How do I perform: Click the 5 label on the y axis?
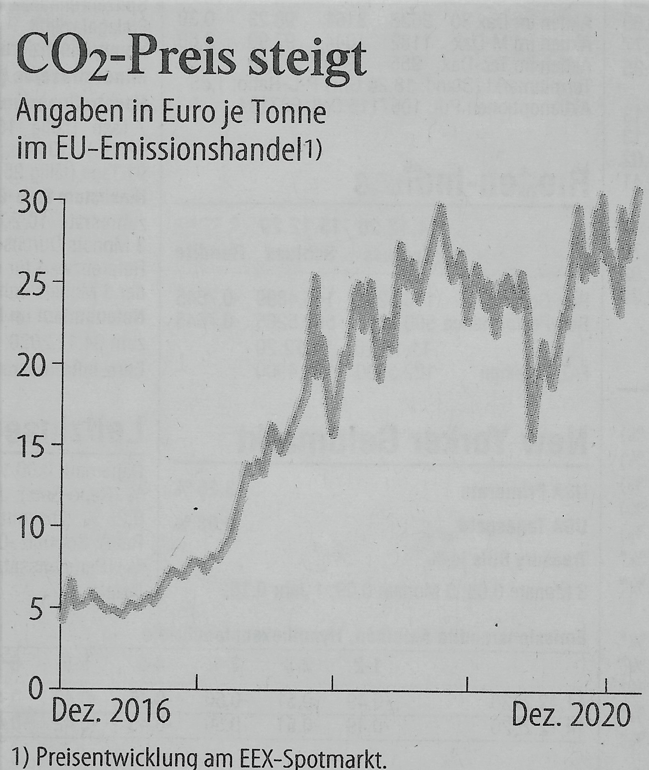click(37, 607)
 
